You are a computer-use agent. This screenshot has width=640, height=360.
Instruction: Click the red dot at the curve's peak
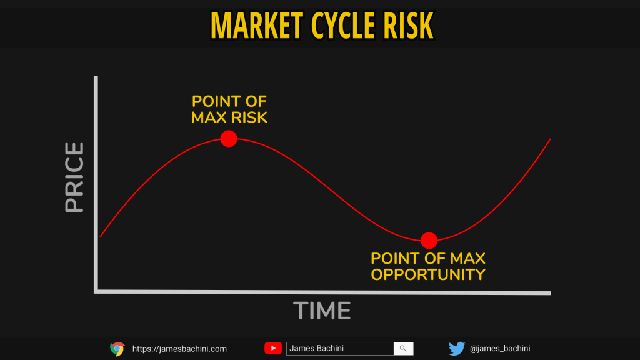(x=229, y=139)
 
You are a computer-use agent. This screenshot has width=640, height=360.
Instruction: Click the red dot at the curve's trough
(x=429, y=241)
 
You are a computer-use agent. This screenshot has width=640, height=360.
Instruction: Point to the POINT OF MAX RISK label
(x=229, y=109)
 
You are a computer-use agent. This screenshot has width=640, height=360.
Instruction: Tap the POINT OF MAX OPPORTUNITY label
(x=427, y=266)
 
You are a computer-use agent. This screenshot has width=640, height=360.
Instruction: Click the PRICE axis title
(x=74, y=177)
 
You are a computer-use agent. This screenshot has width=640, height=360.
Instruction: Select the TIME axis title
(x=322, y=311)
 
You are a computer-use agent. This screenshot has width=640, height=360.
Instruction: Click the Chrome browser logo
(x=117, y=349)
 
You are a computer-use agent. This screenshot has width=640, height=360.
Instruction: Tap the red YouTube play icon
(x=273, y=348)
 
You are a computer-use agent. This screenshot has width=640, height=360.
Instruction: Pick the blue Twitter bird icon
(x=457, y=349)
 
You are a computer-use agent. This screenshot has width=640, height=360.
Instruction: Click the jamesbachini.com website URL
(x=179, y=349)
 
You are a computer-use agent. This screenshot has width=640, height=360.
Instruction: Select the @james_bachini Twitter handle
(x=500, y=349)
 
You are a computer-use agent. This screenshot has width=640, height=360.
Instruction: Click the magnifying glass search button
(x=403, y=349)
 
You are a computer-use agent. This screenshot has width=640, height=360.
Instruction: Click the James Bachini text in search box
(x=316, y=349)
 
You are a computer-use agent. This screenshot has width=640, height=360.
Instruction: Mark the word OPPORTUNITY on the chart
(x=427, y=275)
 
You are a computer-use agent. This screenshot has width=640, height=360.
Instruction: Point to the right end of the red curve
(x=550, y=139)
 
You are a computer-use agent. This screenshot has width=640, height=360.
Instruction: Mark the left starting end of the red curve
(x=101, y=237)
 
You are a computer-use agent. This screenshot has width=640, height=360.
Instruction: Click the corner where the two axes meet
(x=96, y=291)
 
